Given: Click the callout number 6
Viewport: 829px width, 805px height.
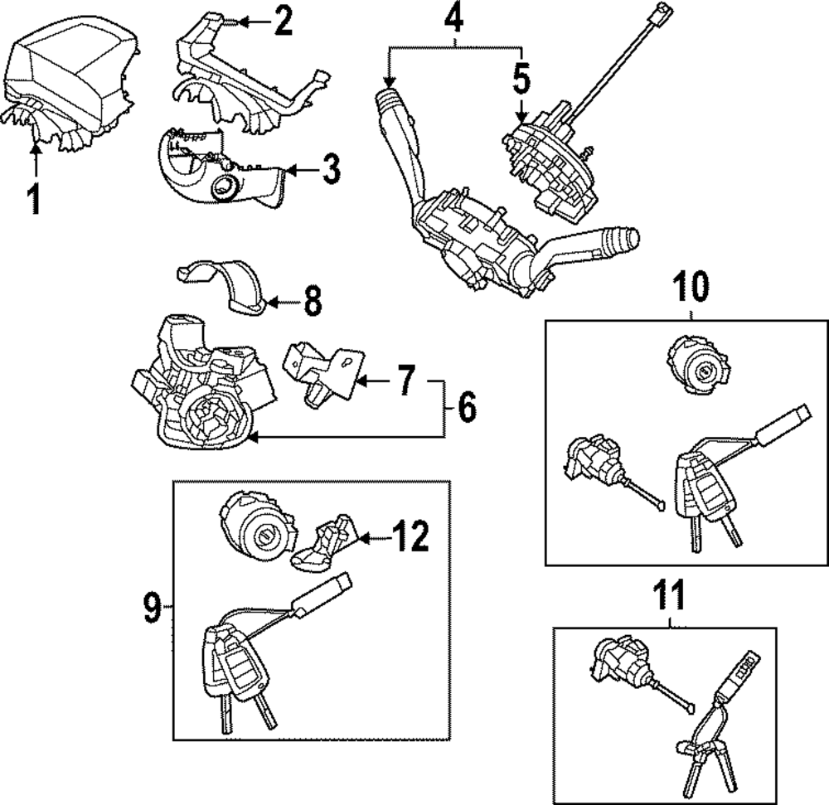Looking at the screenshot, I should click(x=467, y=406).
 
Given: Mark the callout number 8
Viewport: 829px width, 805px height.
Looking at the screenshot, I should click(x=312, y=302).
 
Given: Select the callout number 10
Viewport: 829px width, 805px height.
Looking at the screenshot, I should click(x=691, y=288).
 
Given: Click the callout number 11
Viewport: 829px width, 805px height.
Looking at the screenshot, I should click(x=670, y=595).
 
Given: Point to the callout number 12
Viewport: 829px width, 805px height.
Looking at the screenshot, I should click(x=411, y=537).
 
